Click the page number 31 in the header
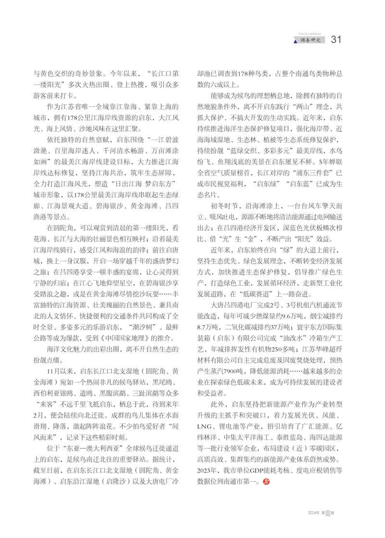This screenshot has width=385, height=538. [336, 39]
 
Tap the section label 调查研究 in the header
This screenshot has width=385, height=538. [310, 40]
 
